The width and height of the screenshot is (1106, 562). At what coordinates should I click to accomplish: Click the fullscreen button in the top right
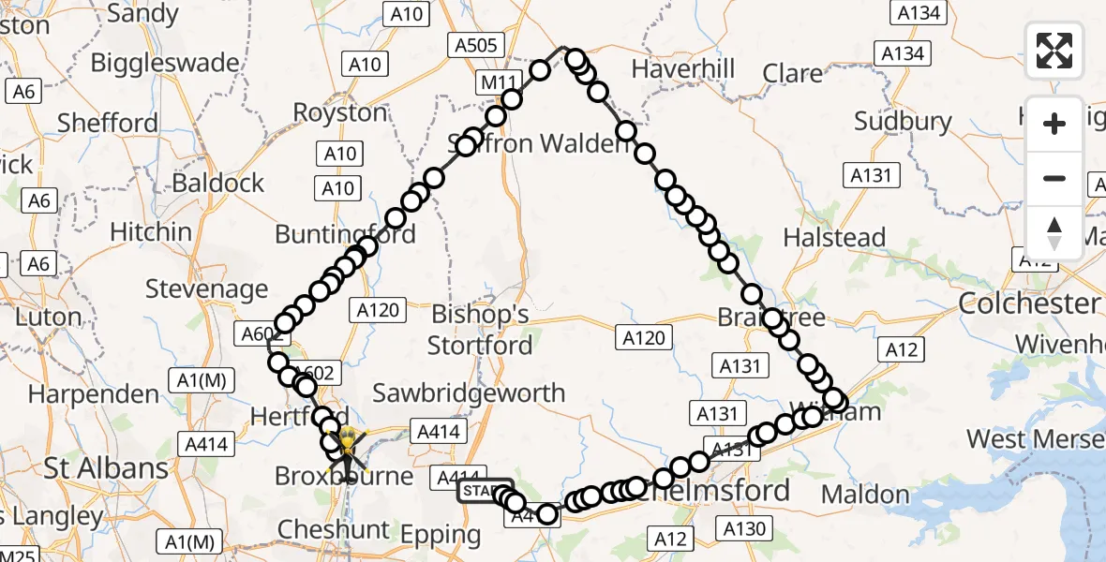point(1054,50)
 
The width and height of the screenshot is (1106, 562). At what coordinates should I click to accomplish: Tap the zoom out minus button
point(1054,178)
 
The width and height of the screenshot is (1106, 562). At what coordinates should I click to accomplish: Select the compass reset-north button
point(1054,233)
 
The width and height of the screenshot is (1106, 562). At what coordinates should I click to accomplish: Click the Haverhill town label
point(682,69)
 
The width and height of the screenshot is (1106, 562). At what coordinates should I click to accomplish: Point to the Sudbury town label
point(903,122)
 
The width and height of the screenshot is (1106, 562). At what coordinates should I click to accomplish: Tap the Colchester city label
point(1029,303)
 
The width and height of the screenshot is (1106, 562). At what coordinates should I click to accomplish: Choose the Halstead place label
point(834,238)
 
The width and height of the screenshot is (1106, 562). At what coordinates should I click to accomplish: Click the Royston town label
point(340,113)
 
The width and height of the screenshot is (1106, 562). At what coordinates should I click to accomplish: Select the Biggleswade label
point(165,64)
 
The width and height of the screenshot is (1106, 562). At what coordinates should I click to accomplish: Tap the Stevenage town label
point(207,289)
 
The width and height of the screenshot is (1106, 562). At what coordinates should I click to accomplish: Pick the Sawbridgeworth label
point(470,393)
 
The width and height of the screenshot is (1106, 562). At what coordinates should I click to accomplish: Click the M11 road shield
point(497,81)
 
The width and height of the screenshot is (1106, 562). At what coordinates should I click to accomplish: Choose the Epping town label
point(440,537)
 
